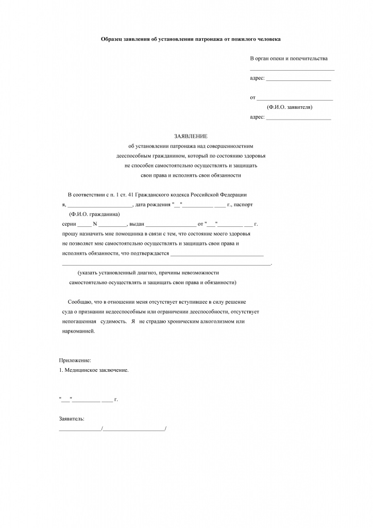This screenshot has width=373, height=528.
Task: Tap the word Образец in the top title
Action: point(114,39)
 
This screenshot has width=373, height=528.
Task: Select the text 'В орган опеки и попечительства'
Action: point(289,59)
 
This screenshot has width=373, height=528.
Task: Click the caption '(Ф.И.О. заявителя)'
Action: point(290,107)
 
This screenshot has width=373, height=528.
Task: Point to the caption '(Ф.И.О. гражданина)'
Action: point(94,213)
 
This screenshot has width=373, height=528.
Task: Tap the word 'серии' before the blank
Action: point(68,223)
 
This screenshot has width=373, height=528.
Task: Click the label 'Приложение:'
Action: point(75,360)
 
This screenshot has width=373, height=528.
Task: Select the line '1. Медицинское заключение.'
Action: point(93,370)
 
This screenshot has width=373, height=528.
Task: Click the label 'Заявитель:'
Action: point(72,419)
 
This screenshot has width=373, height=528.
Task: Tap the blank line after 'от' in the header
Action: point(294,98)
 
